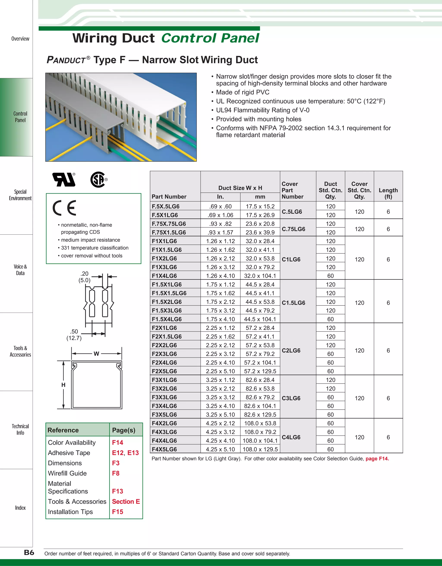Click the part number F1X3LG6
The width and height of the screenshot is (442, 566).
[x=164, y=267]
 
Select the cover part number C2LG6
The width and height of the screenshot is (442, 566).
[x=291, y=350]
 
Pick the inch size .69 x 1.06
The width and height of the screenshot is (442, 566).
[x=220, y=215]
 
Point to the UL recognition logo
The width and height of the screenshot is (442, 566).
[x=64, y=180]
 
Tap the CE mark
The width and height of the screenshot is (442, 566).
[x=65, y=208]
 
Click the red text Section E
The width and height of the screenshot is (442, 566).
[x=126, y=501]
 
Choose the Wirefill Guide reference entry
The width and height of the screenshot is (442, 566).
[x=67, y=473]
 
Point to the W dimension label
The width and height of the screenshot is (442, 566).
[x=96, y=354]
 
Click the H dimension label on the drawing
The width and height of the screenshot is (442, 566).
[x=63, y=385]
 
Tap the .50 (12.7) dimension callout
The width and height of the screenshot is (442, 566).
[x=74, y=335]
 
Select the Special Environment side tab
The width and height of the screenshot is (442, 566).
[x=20, y=195]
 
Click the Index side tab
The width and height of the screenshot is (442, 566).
[x=20, y=508]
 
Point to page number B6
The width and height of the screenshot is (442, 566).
[x=29, y=553]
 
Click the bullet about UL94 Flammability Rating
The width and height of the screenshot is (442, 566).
[x=263, y=110]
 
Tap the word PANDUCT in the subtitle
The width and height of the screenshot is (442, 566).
[x=66, y=60]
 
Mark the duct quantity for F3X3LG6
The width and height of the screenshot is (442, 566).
[x=330, y=397]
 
